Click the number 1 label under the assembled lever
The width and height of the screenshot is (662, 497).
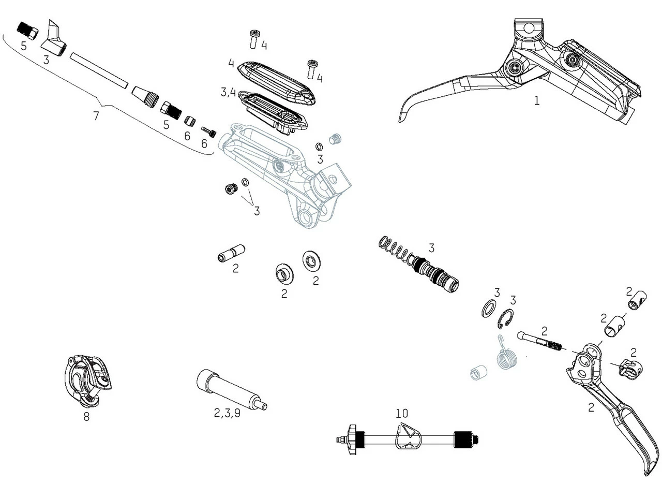pyautogui.click(x=536, y=100)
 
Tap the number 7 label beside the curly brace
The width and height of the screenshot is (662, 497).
pyautogui.click(x=96, y=116)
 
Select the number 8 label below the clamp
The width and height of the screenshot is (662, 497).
pyautogui.click(x=86, y=416)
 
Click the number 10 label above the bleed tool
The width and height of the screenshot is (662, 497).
pyautogui.click(x=402, y=413)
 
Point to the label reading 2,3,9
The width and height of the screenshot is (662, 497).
pyautogui.click(x=227, y=413)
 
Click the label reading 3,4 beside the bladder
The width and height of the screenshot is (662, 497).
pyautogui.click(x=228, y=93)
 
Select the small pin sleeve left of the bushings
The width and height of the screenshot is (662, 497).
pyautogui.click(x=230, y=254)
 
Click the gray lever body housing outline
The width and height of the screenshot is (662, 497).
pyautogui.click(x=279, y=176)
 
